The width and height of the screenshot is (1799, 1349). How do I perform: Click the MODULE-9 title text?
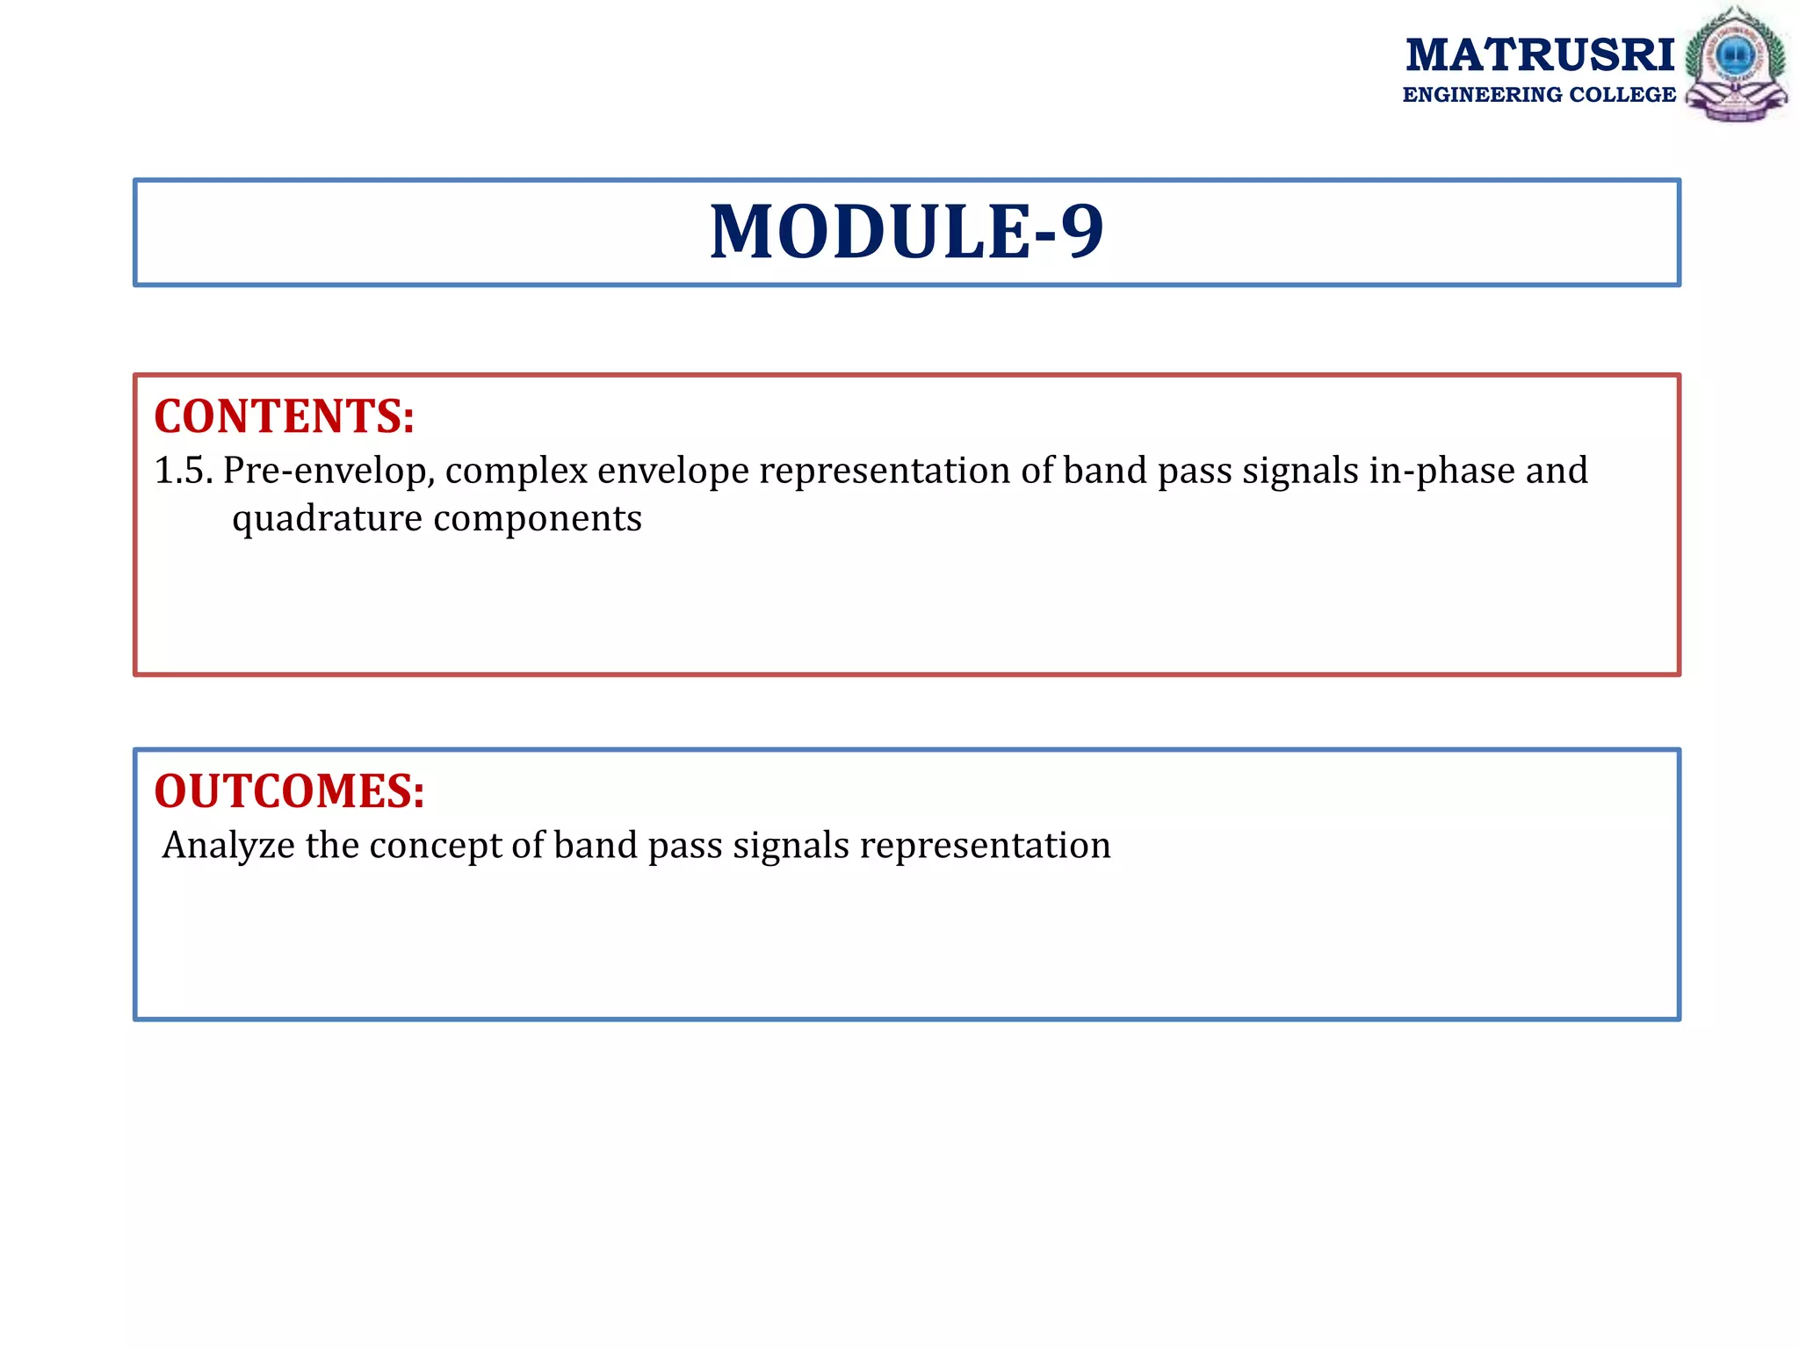[x=906, y=232]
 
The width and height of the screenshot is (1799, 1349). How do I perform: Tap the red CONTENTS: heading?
[x=284, y=416]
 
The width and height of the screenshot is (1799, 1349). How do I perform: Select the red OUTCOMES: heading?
[x=289, y=791]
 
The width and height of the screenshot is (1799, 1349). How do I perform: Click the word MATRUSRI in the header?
[x=1540, y=55]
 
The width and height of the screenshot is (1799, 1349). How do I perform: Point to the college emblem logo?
[x=1736, y=64]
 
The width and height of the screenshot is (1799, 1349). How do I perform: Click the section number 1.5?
[x=184, y=471]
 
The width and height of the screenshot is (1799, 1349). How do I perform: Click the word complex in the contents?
[x=516, y=472]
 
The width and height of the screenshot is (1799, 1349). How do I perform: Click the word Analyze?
[x=228, y=846]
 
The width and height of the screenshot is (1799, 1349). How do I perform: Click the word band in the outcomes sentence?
[x=596, y=846]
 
